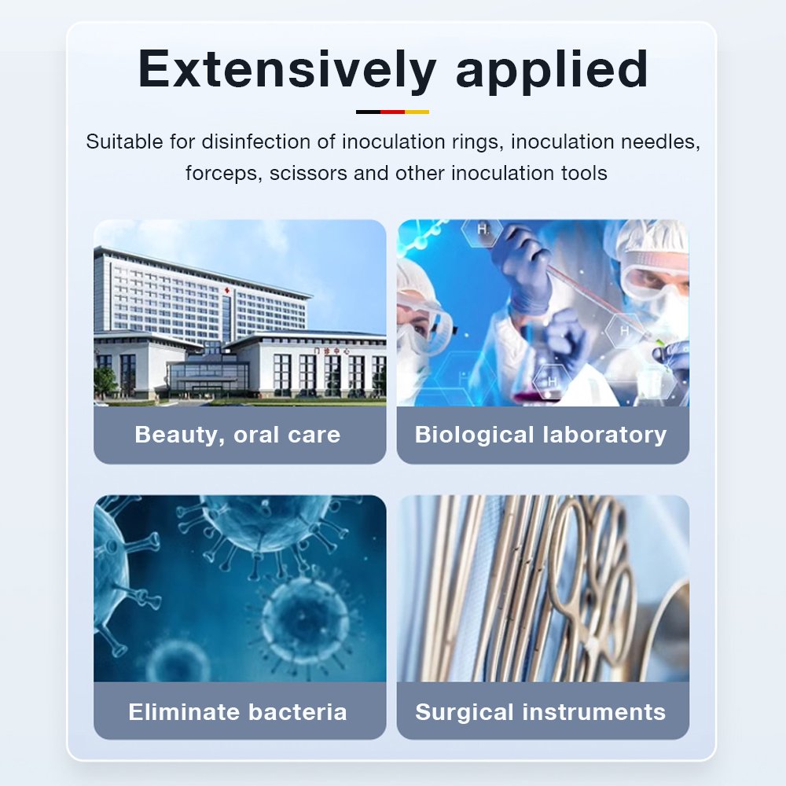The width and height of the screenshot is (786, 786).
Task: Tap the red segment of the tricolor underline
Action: [392, 112]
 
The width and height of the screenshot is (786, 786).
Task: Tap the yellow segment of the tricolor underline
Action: [417, 112]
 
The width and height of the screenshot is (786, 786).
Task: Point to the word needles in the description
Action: [661, 142]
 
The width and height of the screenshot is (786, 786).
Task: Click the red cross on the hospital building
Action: [226, 291]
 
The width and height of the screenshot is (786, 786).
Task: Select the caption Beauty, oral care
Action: [237, 435]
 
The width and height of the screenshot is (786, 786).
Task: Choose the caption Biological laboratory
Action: [541, 435]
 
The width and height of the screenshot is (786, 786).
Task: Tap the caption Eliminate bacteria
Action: [237, 712]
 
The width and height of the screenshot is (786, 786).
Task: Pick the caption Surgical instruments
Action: [541, 712]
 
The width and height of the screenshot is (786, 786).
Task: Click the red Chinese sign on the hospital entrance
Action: [332, 351]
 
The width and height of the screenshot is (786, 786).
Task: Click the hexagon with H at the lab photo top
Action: [483, 230]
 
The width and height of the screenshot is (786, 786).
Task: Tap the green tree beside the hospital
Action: [105, 382]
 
